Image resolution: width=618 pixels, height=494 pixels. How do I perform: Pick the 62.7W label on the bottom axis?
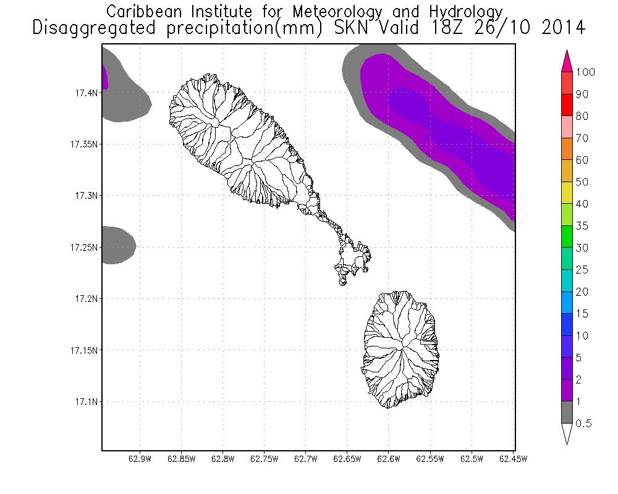[x=305, y=459]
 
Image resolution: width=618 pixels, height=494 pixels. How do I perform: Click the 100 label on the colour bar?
[x=585, y=72]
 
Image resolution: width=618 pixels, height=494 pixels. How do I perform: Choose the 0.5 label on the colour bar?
[x=583, y=424]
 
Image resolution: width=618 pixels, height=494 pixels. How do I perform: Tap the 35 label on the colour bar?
[x=582, y=226]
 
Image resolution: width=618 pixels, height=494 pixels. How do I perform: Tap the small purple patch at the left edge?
[x=104, y=77]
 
